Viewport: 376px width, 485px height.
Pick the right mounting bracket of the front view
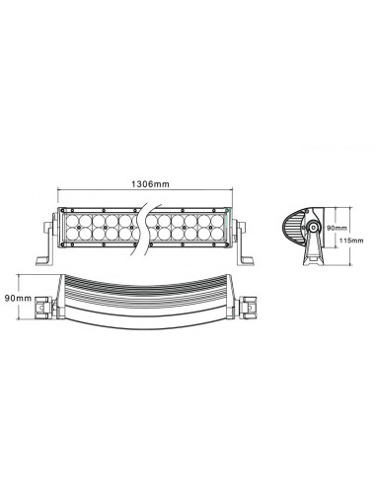245,242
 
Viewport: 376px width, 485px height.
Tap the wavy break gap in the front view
146,226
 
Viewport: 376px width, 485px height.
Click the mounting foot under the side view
311,259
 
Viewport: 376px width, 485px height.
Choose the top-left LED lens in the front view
70,217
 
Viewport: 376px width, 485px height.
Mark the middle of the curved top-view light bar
146,296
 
